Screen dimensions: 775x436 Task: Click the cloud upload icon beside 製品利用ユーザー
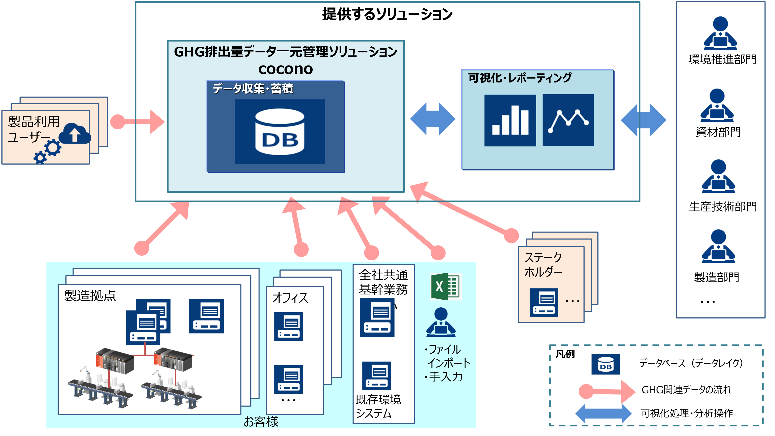pos(75,133)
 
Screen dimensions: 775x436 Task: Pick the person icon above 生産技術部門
pos(718,176)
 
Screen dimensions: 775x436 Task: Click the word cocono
pos(286,69)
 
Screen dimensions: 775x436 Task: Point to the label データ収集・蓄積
pos(253,89)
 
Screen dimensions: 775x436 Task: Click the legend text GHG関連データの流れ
pos(686,390)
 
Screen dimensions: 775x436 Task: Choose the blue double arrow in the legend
pos(603,413)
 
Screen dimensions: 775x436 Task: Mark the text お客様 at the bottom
pos(261,421)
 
